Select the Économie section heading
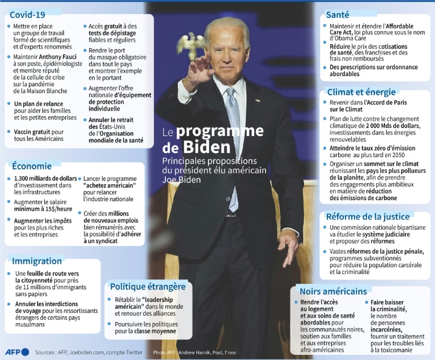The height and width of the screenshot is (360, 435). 32,166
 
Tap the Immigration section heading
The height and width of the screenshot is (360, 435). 37,261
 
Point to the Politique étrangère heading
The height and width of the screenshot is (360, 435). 147,286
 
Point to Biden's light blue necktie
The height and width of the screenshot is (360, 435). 233,142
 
